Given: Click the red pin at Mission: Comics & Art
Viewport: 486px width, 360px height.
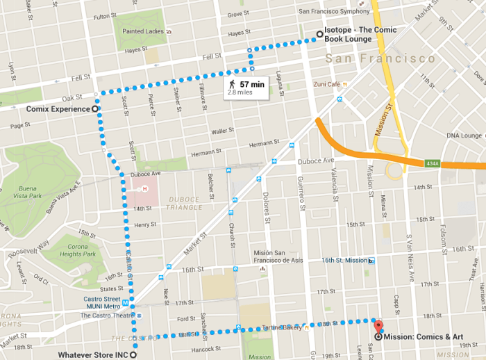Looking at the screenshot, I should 378,327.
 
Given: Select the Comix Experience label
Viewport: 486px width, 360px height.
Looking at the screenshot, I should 58,109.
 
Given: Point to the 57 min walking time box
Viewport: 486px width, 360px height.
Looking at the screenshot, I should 247,87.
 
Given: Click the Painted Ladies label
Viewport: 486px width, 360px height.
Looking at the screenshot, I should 142,31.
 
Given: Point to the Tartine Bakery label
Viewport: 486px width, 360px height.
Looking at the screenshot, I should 280,327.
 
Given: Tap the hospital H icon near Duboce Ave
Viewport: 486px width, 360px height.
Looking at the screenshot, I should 145,188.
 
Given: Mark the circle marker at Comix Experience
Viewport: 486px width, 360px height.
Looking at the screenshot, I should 95,109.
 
